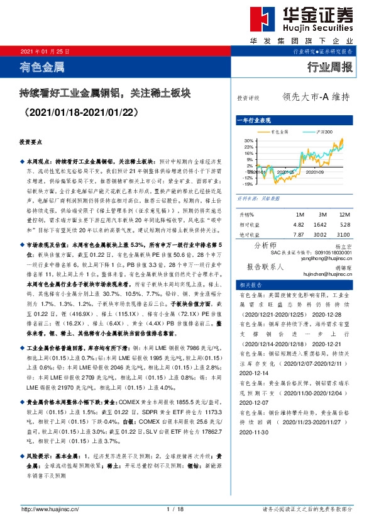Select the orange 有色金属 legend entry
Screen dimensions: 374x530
point(280,132)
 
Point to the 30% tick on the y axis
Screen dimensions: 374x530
point(248,141)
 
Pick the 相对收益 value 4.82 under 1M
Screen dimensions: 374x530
point(299,223)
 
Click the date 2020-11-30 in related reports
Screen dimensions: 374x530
point(253,432)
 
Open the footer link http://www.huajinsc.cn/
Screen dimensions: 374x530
point(49,509)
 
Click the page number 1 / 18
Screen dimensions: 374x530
point(175,509)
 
